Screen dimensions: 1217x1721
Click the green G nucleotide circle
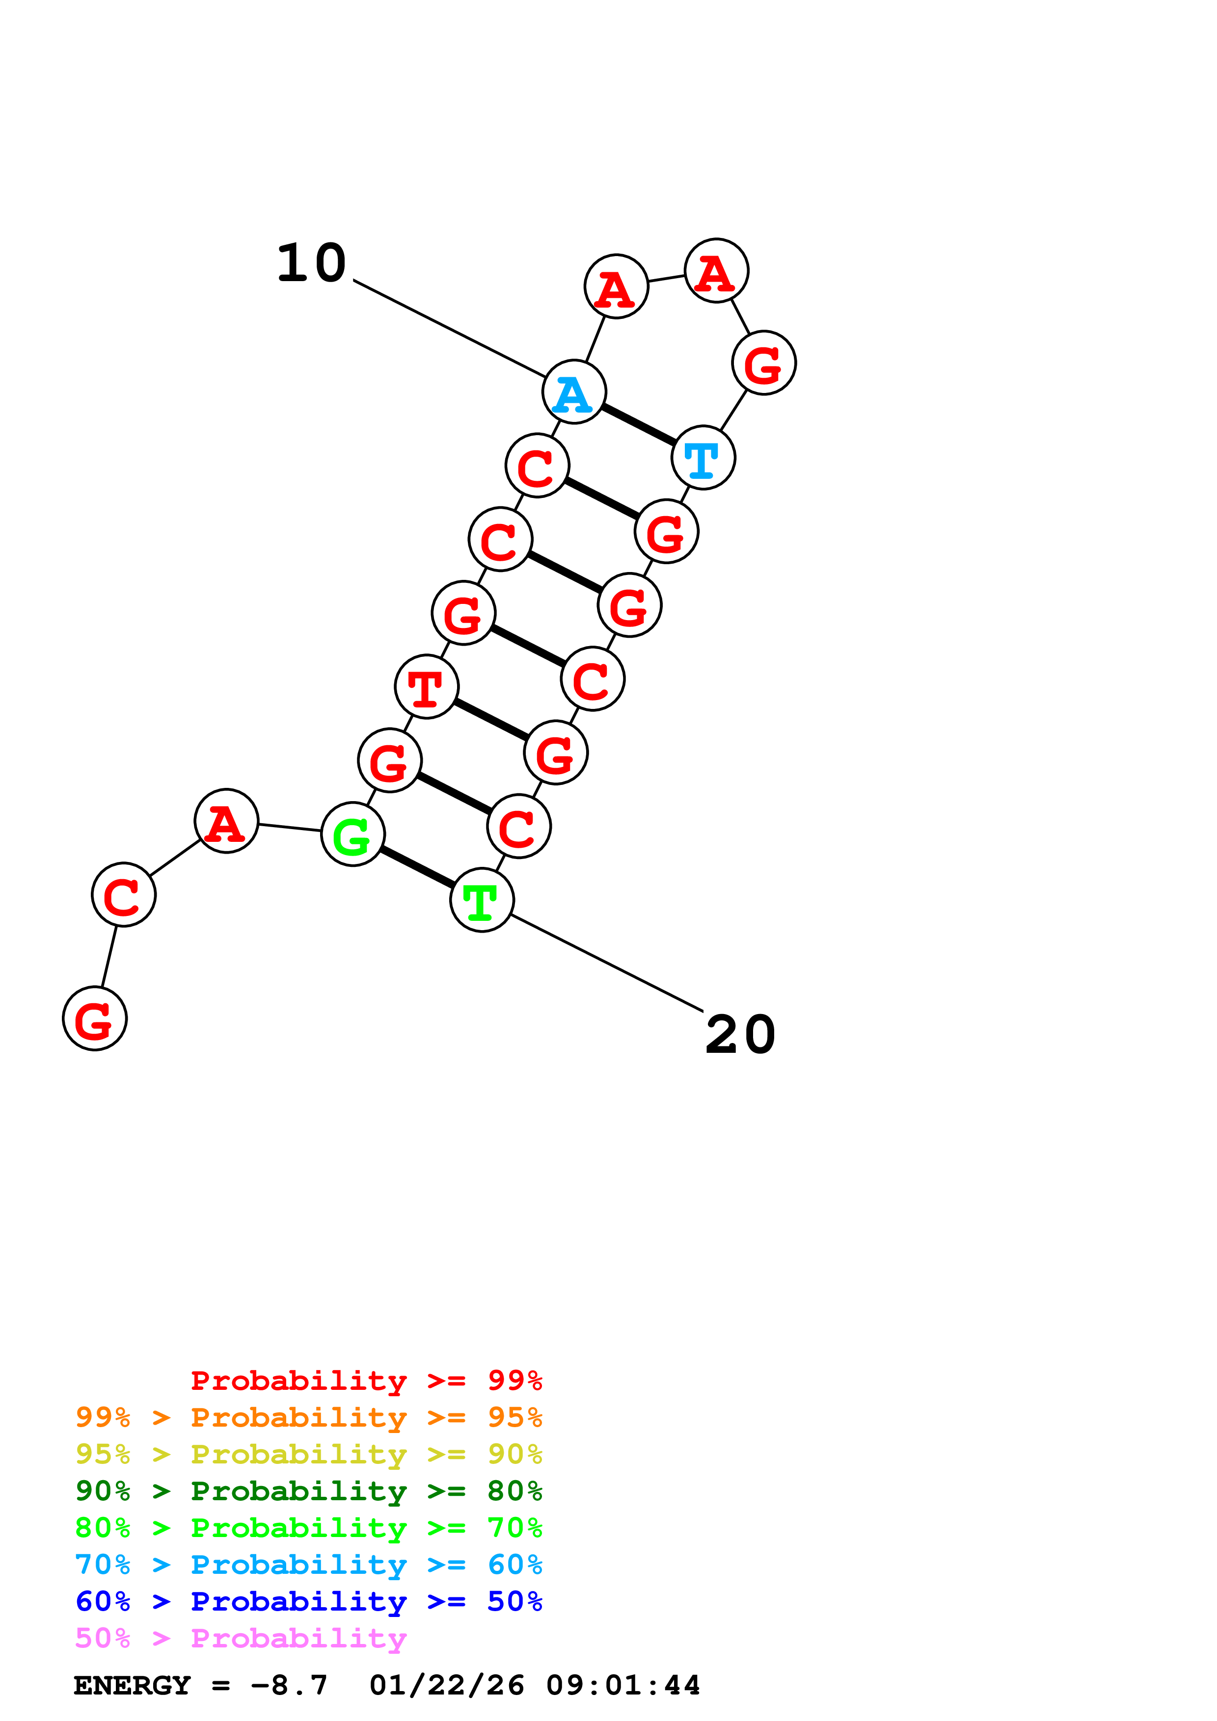pos(352,834)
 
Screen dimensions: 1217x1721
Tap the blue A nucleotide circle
pos(573,391)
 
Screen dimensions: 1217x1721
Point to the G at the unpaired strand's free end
pos(94,1018)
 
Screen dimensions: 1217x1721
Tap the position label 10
pos(311,264)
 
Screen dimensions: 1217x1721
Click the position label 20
pos(740,1035)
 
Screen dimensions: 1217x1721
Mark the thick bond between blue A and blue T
pos(638,424)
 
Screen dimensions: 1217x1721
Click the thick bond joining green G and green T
pos(417,867)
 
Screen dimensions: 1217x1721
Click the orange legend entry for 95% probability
pos(309,1417)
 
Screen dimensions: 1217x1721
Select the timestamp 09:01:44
pos(623,1686)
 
